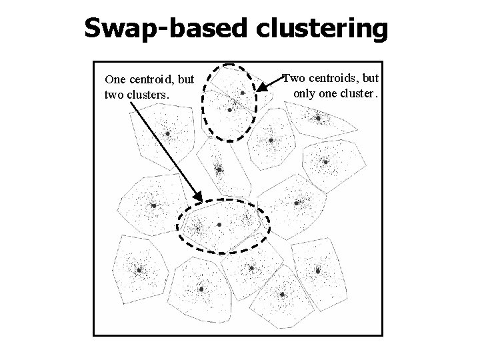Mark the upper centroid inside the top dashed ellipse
pos(243,93)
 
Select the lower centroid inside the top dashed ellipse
pos(230,109)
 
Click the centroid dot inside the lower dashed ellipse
pos(219,225)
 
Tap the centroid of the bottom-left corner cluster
pos(139,270)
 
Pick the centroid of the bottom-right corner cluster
pos(318,271)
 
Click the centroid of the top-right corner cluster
pos(319,118)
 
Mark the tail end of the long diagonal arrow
pos(129,105)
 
